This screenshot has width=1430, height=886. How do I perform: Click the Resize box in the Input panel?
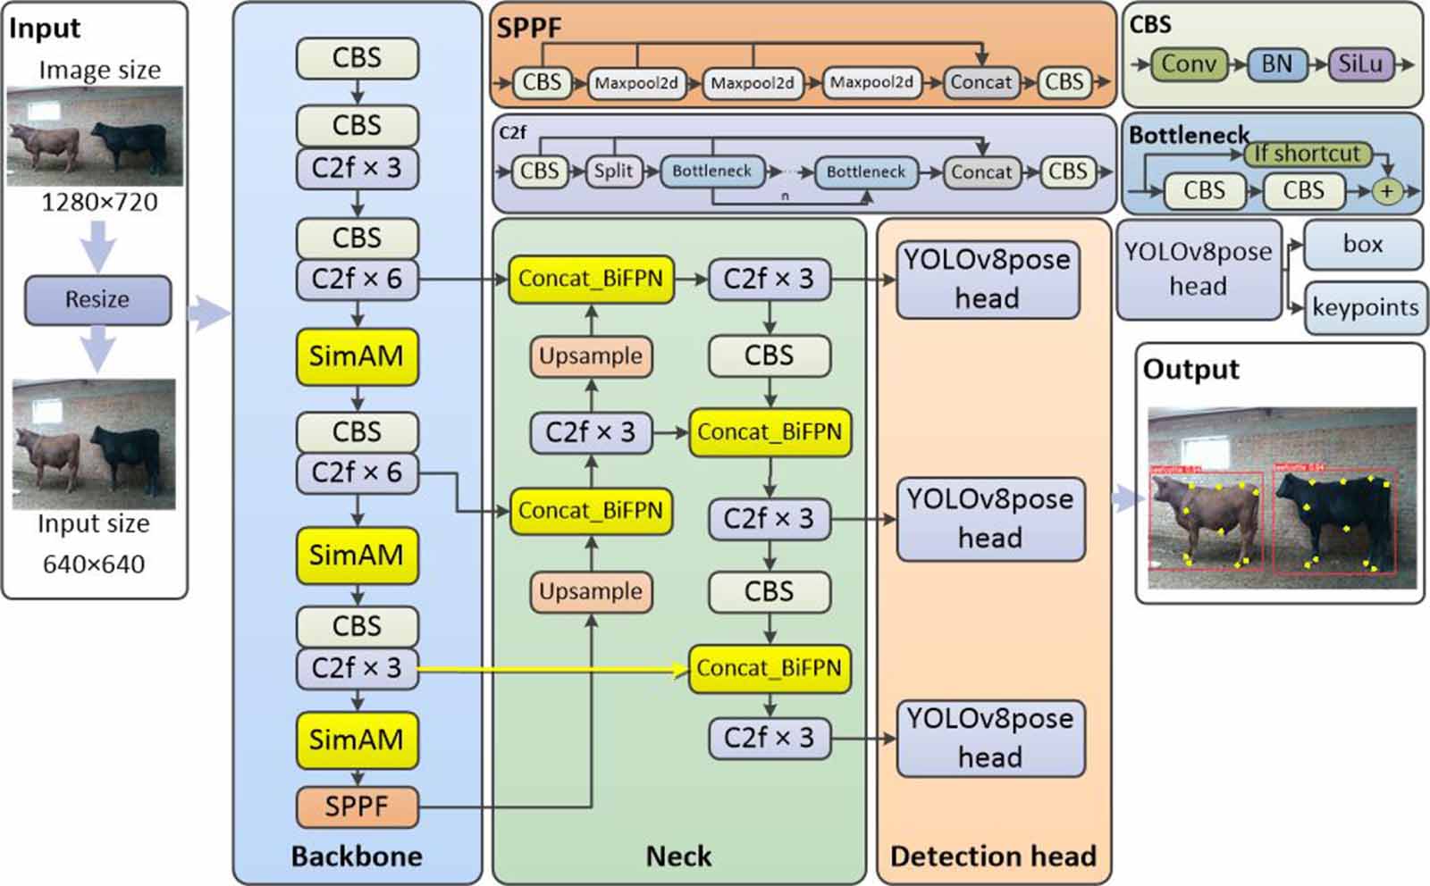[x=97, y=299]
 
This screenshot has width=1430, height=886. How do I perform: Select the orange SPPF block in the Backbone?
[x=357, y=807]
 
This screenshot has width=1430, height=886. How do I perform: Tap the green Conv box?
[x=1189, y=64]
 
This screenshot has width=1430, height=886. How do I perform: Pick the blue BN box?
[x=1276, y=64]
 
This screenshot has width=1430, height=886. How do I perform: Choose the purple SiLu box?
[x=1359, y=64]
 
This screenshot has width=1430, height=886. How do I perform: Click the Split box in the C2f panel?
[x=613, y=171]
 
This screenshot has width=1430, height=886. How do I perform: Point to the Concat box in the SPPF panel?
[x=980, y=82]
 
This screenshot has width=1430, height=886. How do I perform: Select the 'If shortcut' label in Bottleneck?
[x=1306, y=154]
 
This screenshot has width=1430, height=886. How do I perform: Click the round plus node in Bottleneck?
[x=1386, y=190]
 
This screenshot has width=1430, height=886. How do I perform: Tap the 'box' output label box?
[x=1362, y=244]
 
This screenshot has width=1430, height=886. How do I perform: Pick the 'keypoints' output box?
[x=1365, y=307]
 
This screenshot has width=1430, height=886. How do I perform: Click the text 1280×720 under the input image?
[x=99, y=203]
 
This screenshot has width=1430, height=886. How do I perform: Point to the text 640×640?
[x=94, y=564]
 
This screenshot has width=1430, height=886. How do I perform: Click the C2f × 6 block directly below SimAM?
[x=357, y=472]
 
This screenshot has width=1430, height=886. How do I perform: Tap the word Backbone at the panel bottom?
[x=357, y=856]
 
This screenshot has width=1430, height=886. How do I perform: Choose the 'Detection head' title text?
[x=993, y=856]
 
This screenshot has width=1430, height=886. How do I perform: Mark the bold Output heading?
[x=1190, y=369]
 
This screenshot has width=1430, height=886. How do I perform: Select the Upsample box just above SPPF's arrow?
[x=591, y=591]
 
